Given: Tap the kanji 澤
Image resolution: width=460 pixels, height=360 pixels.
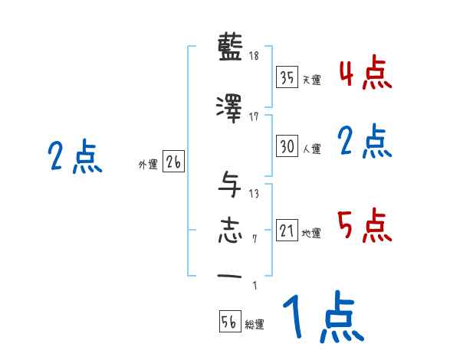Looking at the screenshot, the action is point(231,108).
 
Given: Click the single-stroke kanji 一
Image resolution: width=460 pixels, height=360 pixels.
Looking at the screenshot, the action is point(231,276).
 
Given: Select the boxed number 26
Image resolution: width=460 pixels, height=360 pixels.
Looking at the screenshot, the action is point(173,162).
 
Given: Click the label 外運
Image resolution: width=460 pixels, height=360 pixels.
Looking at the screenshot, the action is point(148,165).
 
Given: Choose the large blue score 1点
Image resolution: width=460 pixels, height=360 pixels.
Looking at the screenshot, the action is point(322,316).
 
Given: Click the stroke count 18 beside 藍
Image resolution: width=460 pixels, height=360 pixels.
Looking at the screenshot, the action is point(254,56).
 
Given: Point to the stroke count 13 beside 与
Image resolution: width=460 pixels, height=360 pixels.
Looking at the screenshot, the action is point(254,193).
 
